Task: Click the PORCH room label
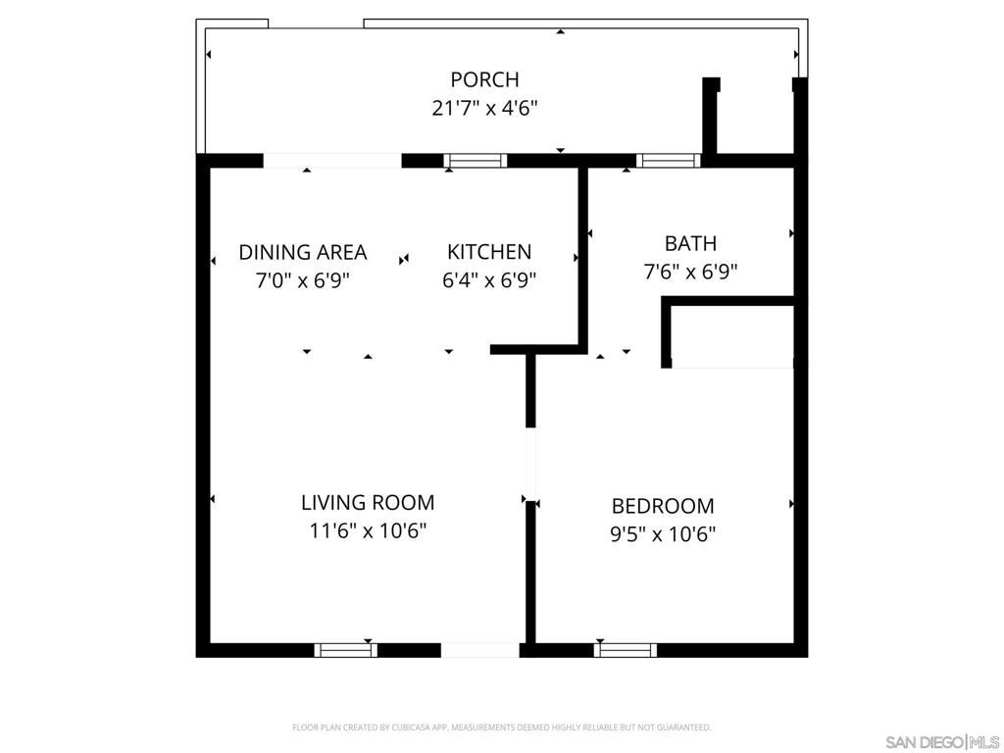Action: (484, 79)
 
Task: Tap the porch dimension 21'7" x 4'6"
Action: (484, 108)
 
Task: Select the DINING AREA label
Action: (303, 252)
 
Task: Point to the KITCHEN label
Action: (489, 252)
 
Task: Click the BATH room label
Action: (690, 243)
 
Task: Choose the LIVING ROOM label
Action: (368, 503)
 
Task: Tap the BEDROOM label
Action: (663, 506)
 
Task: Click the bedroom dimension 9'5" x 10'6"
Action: (663, 534)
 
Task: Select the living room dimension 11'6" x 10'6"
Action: (368, 531)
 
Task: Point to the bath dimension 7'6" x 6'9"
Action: (690, 272)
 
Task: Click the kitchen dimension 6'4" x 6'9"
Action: (489, 280)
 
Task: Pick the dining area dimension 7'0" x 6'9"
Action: (303, 280)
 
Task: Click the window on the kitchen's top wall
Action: (476, 161)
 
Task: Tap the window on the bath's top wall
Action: (668, 161)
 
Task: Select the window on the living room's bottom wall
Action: (345, 649)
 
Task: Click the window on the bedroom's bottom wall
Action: (626, 649)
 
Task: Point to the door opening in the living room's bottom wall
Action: (479, 649)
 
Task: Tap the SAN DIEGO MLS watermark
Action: (941, 740)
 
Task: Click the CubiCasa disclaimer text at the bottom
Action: (501, 728)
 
